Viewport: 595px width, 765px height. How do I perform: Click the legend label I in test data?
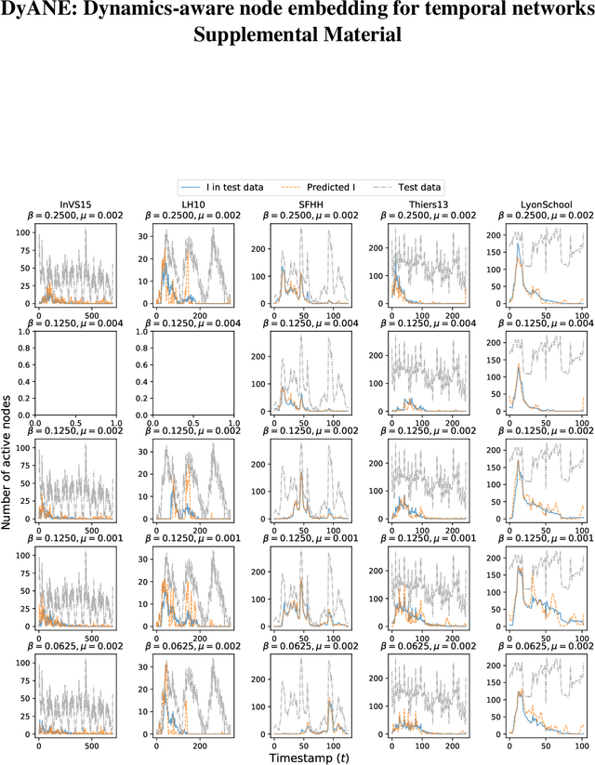[x=232, y=187]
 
